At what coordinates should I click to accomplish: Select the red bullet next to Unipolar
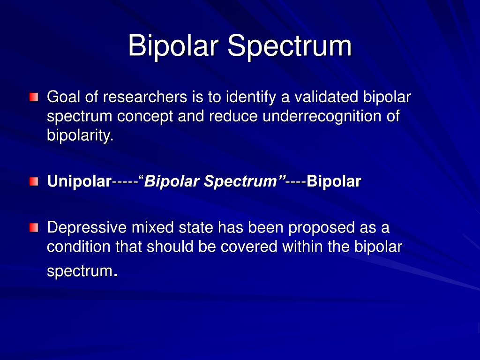click(33, 181)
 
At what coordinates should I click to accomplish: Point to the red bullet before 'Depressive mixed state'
click(33, 228)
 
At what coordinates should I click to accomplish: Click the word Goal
click(64, 97)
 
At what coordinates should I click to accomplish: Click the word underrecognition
click(322, 117)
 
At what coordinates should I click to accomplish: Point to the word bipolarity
click(80, 136)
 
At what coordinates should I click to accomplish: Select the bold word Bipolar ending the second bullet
click(334, 181)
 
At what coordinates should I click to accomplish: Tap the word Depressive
click(87, 228)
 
